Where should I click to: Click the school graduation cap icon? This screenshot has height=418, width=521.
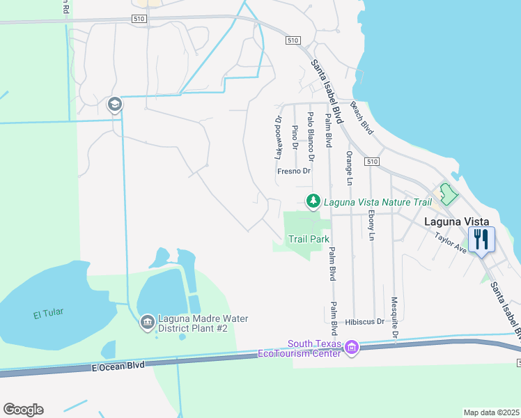click(x=114, y=104)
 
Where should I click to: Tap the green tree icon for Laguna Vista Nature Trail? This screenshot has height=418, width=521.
click(x=313, y=202)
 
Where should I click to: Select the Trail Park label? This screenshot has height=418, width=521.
click(x=309, y=239)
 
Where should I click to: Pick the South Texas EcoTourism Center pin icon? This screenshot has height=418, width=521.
click(x=351, y=346)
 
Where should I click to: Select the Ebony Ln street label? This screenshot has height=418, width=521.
click(x=371, y=226)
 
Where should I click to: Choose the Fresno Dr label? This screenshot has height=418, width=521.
click(x=293, y=171)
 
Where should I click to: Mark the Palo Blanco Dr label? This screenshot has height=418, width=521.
click(x=311, y=132)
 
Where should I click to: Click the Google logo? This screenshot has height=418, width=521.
click(x=23, y=410)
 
